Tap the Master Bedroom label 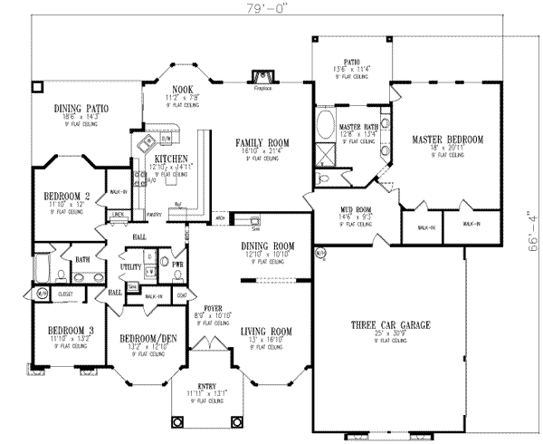point(447,140)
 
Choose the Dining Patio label point(81,108)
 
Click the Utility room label point(131,267)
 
